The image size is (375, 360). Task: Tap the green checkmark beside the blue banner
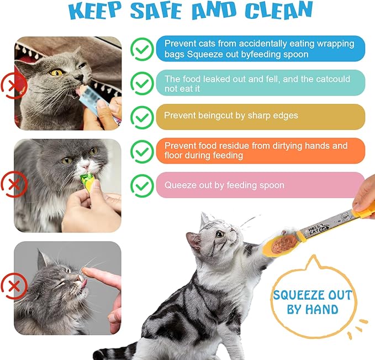pos(142,49)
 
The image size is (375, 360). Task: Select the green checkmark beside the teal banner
pos(142,84)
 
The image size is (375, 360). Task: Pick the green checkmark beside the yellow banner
pos(142,117)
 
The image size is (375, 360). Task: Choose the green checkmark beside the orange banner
pos(142,151)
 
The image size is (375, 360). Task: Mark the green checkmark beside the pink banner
pos(142,185)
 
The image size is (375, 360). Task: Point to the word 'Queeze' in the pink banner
pos(180,185)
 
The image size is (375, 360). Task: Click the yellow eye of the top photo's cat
pos(56,72)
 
